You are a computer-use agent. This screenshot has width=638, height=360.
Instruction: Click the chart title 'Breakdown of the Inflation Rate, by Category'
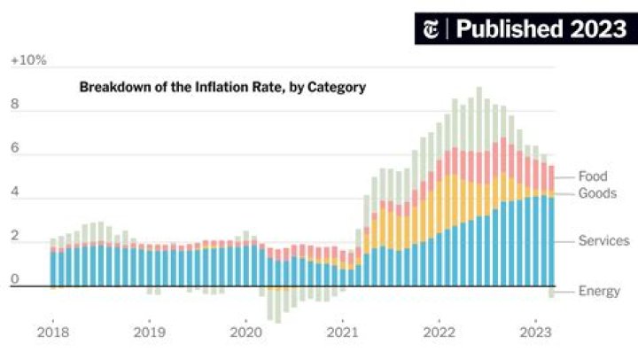[222, 87]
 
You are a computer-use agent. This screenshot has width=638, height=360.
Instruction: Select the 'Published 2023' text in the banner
[541, 28]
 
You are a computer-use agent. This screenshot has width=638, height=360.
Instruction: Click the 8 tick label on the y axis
[14, 104]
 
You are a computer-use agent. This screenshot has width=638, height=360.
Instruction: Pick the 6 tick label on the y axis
[14, 148]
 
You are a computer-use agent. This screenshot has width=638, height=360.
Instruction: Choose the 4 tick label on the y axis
[14, 192]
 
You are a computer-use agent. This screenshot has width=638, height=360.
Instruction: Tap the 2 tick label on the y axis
[14, 236]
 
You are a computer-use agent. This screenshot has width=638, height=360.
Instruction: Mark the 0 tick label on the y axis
[14, 279]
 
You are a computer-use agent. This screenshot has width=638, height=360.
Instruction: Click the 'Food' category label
[593, 176]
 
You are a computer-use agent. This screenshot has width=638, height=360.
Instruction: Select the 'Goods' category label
[597, 193]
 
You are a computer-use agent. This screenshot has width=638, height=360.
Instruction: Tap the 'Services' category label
[603, 240]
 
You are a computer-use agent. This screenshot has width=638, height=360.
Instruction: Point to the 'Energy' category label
[599, 291]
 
